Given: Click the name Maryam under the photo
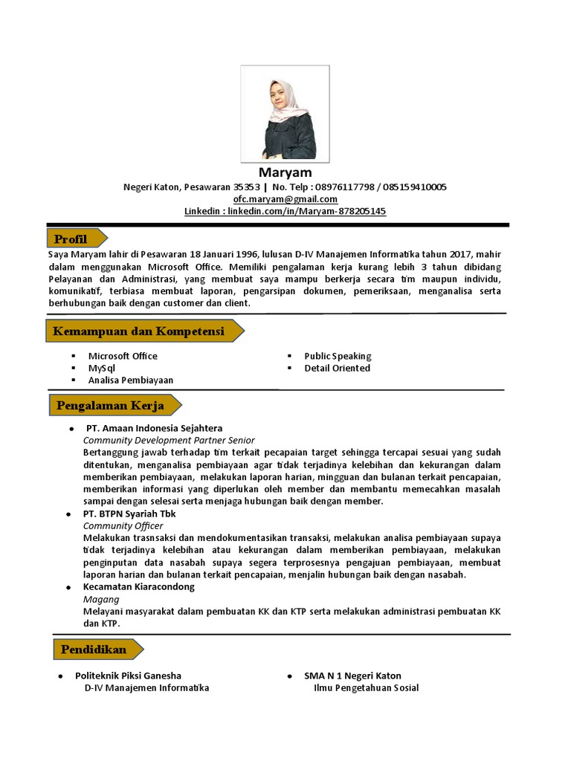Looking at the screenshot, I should (x=285, y=173).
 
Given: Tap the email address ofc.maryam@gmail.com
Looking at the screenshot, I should (x=285, y=199).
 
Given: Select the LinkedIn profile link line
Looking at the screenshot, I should (x=285, y=211).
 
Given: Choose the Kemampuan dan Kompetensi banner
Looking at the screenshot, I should (x=139, y=331).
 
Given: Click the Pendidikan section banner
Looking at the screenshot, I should (x=94, y=650).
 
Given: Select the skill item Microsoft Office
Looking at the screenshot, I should (x=123, y=356).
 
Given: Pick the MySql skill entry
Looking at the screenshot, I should (x=102, y=368).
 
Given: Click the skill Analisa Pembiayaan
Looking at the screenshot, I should (x=131, y=380).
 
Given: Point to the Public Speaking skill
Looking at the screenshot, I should (x=338, y=356).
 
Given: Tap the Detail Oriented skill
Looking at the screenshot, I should (x=337, y=368).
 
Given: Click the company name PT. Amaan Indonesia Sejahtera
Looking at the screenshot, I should (x=154, y=428).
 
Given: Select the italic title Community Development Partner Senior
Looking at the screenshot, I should (x=169, y=440).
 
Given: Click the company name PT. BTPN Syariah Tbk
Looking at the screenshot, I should (x=129, y=514).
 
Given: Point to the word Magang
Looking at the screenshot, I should (x=101, y=599).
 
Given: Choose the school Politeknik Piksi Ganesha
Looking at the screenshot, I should (x=128, y=676).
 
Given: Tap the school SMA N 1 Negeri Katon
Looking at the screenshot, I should (x=352, y=676).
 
